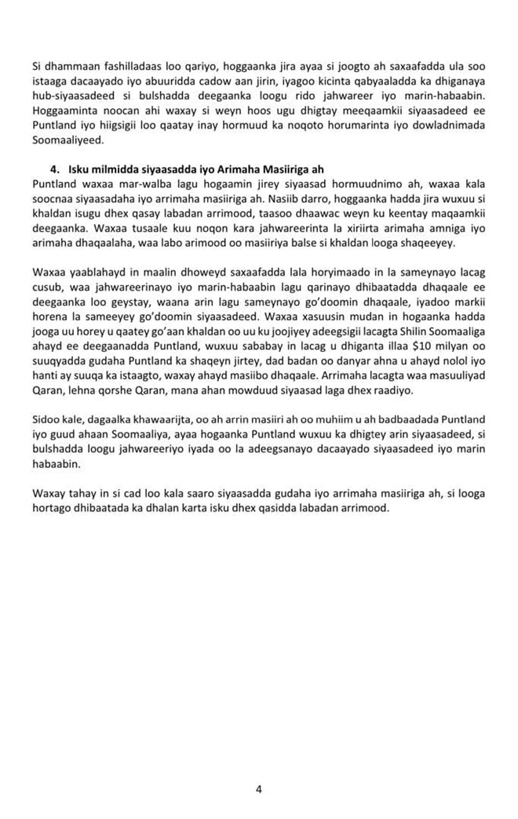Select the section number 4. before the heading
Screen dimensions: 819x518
[54, 170]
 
